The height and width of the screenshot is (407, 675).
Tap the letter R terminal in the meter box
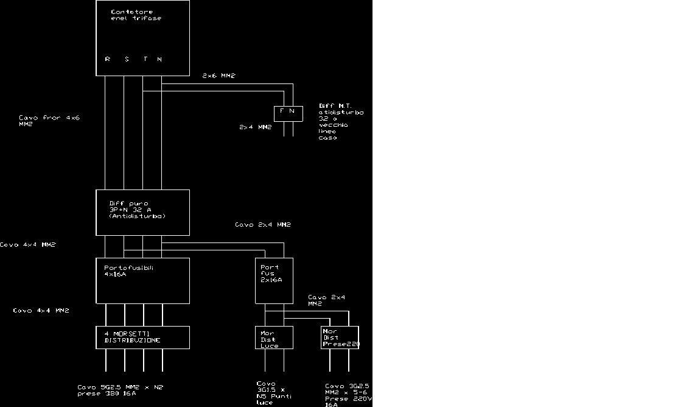(108, 59)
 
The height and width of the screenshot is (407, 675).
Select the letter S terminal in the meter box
(127, 59)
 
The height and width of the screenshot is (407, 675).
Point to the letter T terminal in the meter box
(145, 59)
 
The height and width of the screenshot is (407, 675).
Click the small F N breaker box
(288, 113)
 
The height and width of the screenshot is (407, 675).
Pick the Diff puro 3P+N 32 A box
(142, 212)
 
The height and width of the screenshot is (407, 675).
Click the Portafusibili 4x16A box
(142, 280)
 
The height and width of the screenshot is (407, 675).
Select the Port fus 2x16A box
(274, 280)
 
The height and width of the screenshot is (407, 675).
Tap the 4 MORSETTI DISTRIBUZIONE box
(142, 337)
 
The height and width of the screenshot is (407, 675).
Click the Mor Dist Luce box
(274, 338)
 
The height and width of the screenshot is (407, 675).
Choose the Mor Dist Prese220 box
(340, 338)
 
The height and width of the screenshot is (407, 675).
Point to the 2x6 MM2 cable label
(219, 76)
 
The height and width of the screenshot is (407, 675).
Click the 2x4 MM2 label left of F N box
(256, 127)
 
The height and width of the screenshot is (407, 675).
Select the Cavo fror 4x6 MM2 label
(49, 121)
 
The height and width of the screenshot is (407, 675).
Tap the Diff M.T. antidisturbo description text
(341, 122)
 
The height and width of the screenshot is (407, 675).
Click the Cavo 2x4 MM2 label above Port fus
(263, 225)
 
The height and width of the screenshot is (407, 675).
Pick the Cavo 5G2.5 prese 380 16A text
(120, 390)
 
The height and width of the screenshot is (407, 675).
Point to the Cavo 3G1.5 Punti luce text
(274, 393)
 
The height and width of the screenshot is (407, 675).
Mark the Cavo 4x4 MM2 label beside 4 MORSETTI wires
(41, 311)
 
